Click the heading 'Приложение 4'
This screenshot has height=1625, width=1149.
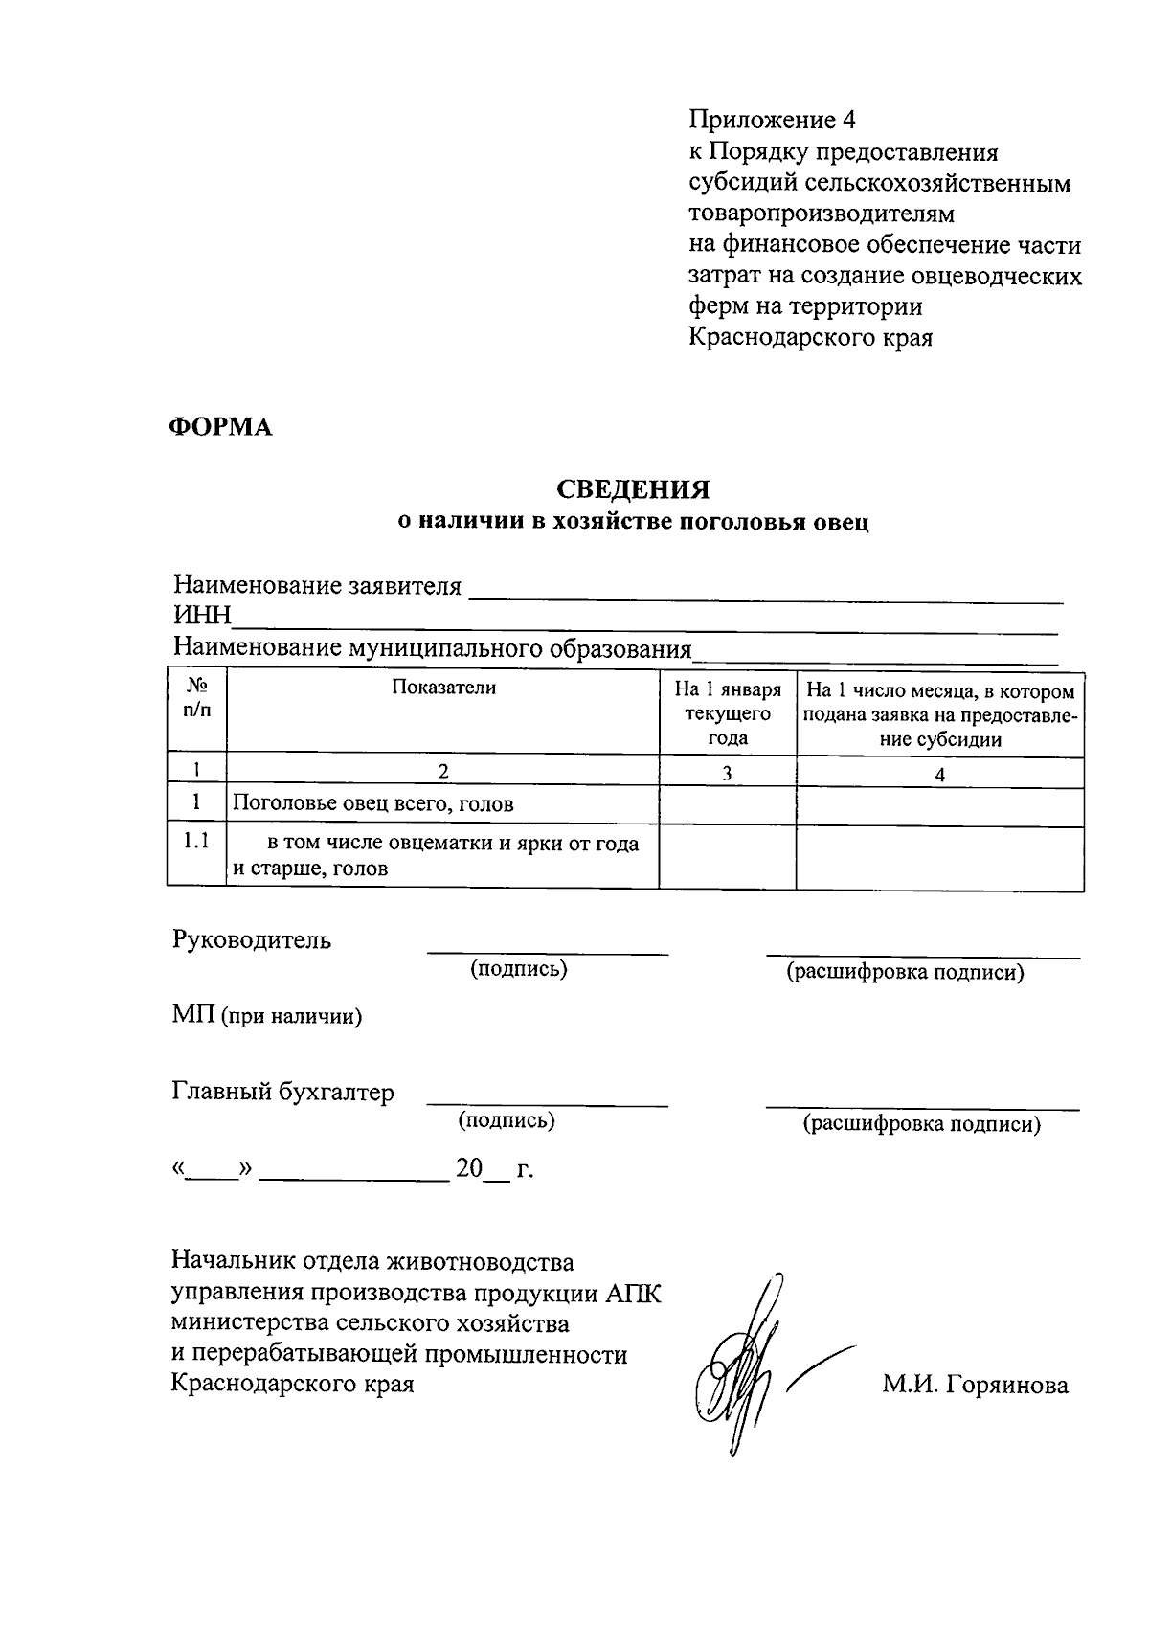click(x=771, y=121)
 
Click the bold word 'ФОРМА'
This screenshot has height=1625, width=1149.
click(x=221, y=427)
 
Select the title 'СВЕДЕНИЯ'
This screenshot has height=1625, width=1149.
click(x=634, y=490)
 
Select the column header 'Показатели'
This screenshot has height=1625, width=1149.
click(x=443, y=688)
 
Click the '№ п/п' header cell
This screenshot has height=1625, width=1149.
click(x=196, y=700)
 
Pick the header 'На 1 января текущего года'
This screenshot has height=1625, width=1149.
click(x=727, y=713)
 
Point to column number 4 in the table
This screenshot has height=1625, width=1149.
click(x=939, y=775)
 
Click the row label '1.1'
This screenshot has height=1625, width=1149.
click(x=196, y=842)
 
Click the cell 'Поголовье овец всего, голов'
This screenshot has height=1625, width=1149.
click(x=373, y=804)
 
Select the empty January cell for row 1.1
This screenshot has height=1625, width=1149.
click(x=727, y=855)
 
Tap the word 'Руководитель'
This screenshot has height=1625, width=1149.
click(x=252, y=940)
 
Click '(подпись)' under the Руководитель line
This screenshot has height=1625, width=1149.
click(x=518, y=969)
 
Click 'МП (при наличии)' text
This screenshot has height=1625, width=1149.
click(x=267, y=1017)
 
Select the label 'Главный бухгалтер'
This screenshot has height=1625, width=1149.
click(x=283, y=1093)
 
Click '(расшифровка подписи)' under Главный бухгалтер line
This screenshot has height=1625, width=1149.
click(x=920, y=1124)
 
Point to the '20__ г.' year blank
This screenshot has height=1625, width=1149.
click(x=493, y=1169)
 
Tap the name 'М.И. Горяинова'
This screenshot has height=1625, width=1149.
click(x=975, y=1385)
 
